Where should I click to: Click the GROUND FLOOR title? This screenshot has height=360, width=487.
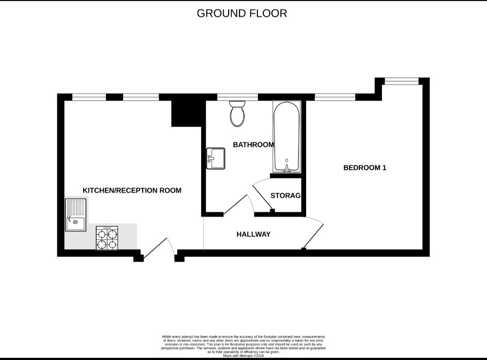click(242, 13)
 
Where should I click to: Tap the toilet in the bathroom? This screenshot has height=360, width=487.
click(237, 113)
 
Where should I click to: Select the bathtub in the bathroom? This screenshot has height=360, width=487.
click(286, 137)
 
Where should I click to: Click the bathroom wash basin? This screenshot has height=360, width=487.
click(216, 159)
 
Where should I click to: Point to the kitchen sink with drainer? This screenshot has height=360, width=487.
click(75, 215)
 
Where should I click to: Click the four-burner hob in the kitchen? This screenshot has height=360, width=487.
click(107, 238)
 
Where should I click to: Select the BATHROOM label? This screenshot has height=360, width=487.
click(253, 145)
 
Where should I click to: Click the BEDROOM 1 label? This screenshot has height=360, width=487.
click(365, 168)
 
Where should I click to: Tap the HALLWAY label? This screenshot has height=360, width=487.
click(253, 234)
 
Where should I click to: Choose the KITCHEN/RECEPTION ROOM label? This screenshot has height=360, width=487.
click(132, 190)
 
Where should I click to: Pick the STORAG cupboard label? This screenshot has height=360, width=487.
click(285, 196)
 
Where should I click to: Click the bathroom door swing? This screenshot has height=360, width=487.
click(239, 205)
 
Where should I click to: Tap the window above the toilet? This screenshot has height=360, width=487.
click(237, 97)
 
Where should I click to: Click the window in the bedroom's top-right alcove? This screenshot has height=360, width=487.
click(401, 81)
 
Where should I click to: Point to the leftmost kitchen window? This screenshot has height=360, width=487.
click(89, 97)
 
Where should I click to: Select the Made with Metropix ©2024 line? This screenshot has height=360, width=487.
click(243, 355)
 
